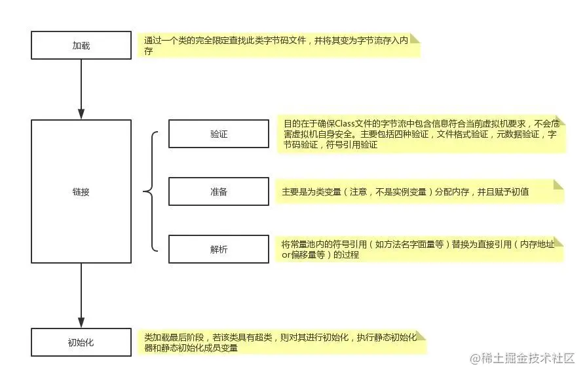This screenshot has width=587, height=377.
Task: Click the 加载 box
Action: click(81, 46)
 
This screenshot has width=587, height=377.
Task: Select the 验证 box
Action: click(219, 134)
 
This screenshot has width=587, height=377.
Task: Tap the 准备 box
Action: click(219, 191)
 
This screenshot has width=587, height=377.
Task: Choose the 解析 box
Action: click(219, 249)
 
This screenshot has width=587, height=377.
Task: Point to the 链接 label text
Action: click(81, 192)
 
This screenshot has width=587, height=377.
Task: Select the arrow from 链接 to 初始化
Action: click(81, 295)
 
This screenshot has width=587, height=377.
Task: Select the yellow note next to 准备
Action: click(419, 191)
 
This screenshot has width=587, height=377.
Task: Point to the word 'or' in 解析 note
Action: click(286, 255)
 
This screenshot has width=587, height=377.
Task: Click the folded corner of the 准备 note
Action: click(558, 184)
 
